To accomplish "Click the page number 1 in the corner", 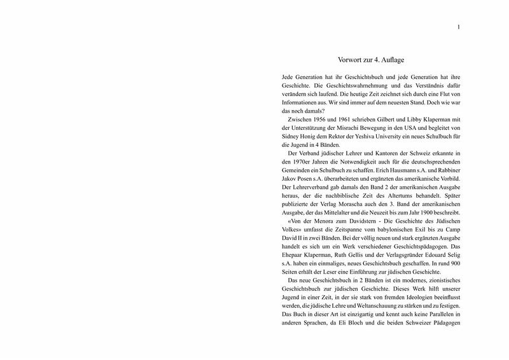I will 459,26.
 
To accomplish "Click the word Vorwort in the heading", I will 354,59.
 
